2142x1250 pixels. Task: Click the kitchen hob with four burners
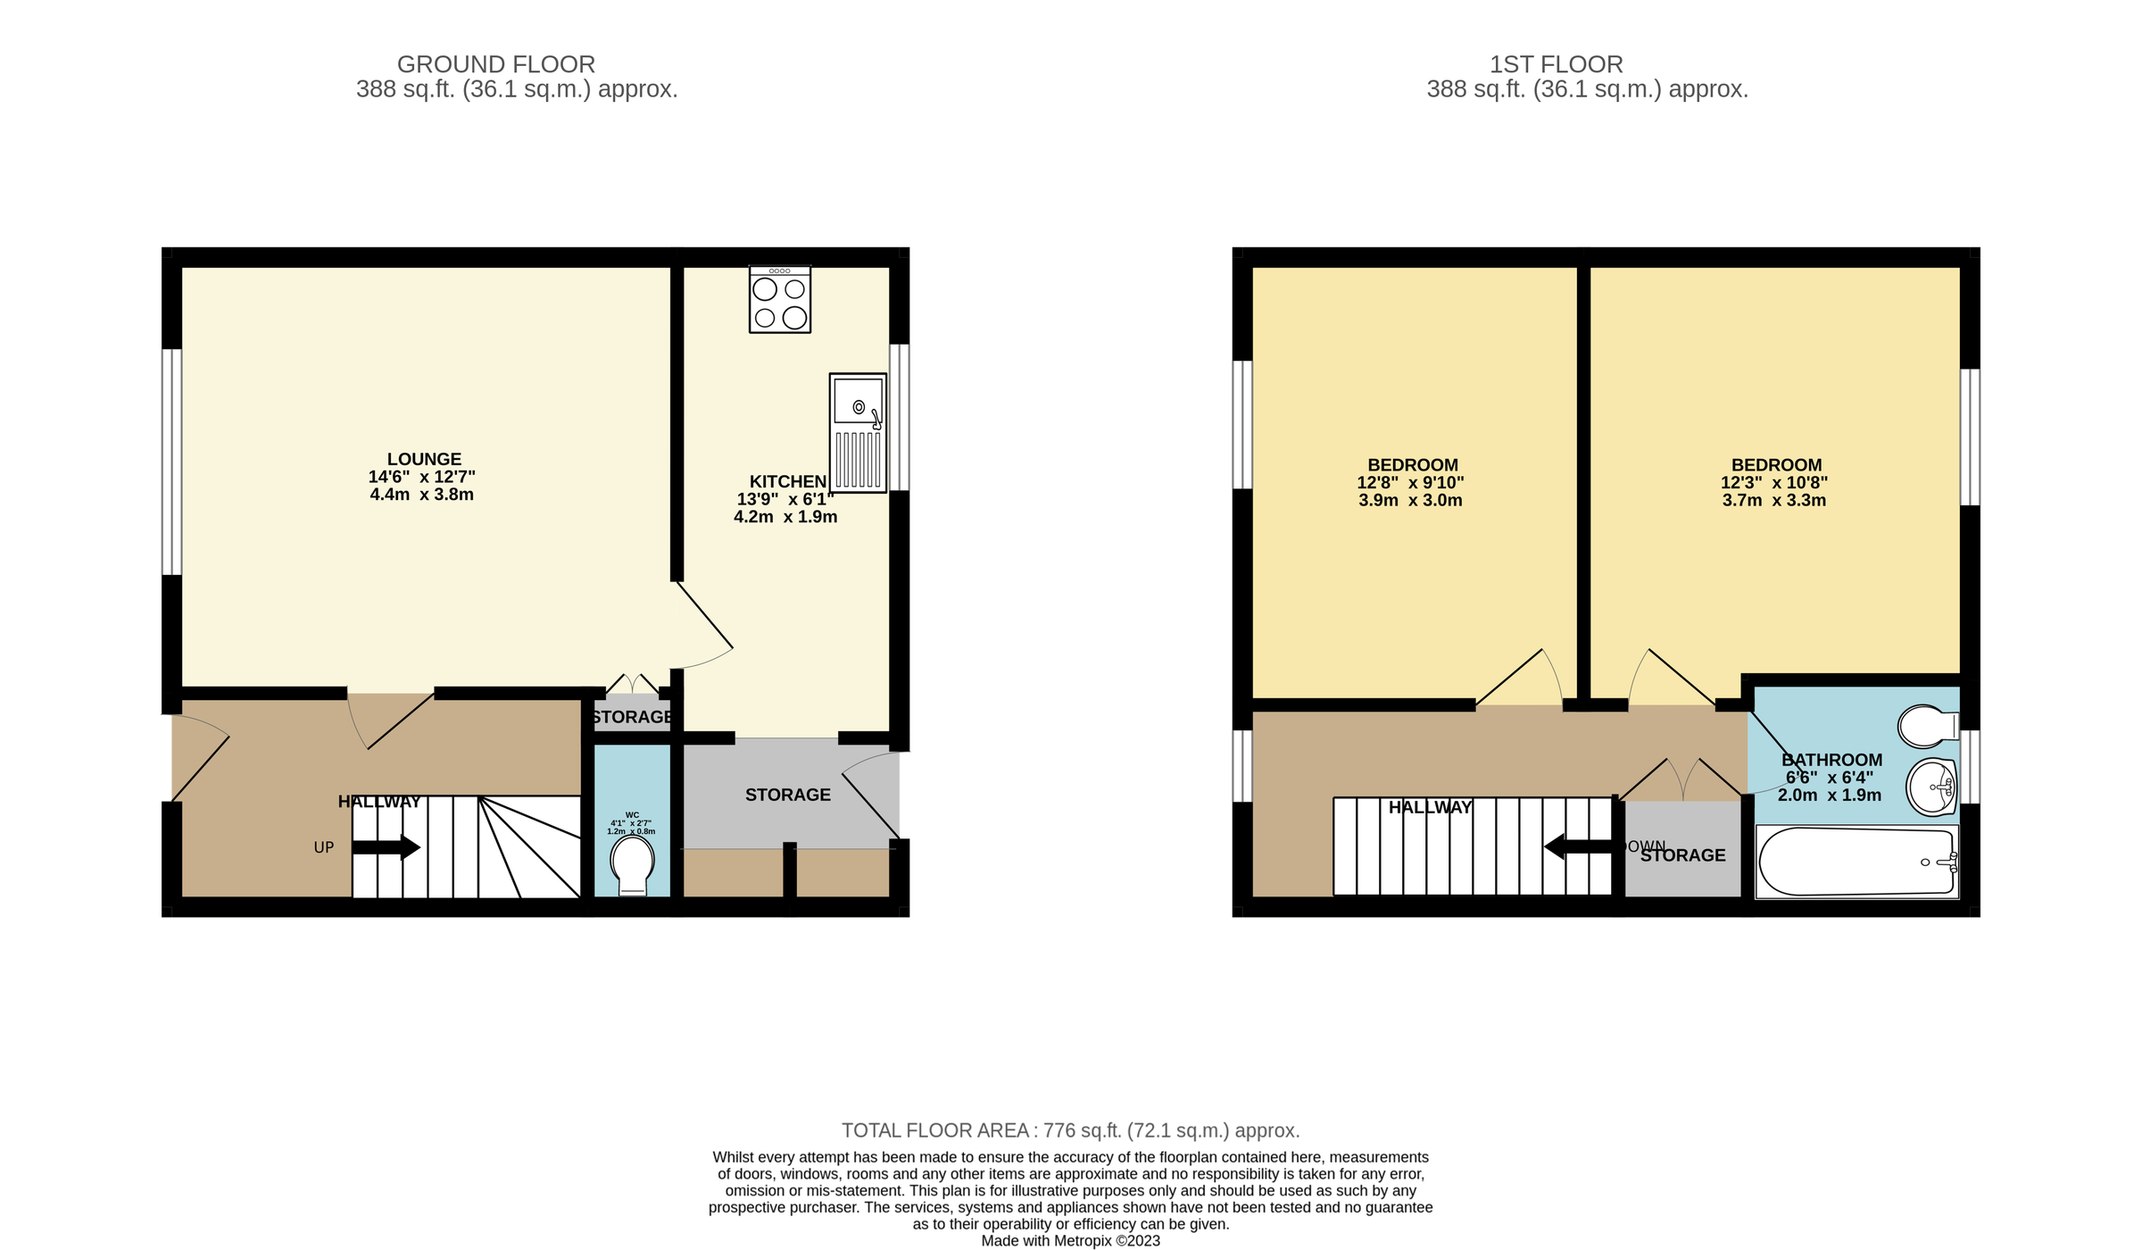coord(780,300)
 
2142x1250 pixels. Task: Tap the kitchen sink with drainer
coord(858,433)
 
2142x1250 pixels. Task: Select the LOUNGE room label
coord(424,459)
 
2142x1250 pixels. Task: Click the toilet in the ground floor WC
coord(632,862)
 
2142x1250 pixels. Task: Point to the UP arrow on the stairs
coord(386,847)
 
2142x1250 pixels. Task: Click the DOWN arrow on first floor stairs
coord(1578,846)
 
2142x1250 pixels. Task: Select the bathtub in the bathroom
coord(1856,862)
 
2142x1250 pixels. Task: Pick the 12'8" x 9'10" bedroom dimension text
coord(1410,483)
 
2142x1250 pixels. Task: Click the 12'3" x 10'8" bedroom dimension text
coord(1774,483)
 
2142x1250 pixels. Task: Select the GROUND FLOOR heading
coord(495,64)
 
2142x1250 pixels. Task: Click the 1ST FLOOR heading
coord(1556,64)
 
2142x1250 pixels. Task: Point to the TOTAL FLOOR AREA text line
coord(1070,1130)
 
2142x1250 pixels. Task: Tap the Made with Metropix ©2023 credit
coord(1070,1240)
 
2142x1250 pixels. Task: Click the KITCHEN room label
coord(787,481)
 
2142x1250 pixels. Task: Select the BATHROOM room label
coord(1831,760)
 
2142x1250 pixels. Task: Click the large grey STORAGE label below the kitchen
coord(787,795)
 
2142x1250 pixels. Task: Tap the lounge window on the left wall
coord(171,462)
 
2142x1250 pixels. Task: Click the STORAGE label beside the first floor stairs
coord(1683,855)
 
